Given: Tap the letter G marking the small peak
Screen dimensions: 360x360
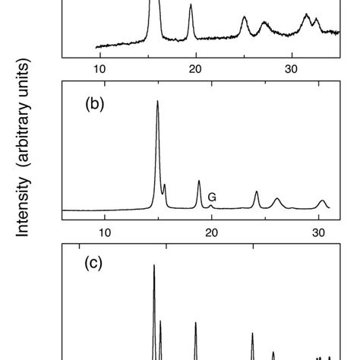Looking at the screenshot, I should click(x=212, y=197).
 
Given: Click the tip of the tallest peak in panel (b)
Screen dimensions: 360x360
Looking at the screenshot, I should click(x=157, y=102).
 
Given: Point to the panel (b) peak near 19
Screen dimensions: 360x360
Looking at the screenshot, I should click(x=199, y=182).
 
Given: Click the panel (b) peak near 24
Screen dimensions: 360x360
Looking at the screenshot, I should click(x=256, y=192).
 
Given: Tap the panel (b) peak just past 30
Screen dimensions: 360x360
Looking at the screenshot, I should click(x=323, y=201).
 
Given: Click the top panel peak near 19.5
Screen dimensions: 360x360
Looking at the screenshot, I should click(x=191, y=6).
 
